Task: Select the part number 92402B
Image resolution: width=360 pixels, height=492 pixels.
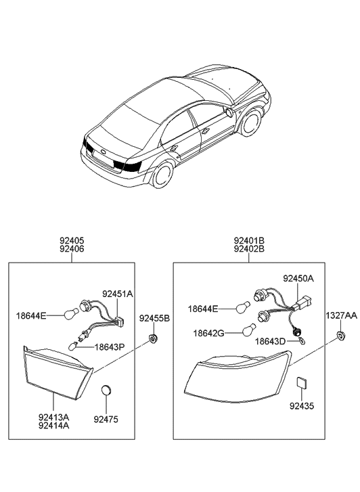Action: click(x=249, y=249)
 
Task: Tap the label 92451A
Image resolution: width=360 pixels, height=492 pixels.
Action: click(x=118, y=294)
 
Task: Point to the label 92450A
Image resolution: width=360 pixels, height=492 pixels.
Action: click(x=298, y=278)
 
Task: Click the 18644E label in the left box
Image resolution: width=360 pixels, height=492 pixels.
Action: click(x=32, y=315)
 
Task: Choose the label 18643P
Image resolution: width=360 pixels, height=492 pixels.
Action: click(x=110, y=347)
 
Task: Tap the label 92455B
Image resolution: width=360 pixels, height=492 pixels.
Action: click(x=154, y=318)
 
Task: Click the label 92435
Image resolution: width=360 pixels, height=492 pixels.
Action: click(x=303, y=406)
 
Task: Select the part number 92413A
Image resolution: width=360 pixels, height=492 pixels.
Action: click(x=53, y=418)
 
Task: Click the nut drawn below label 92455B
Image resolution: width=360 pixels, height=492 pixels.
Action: click(x=153, y=336)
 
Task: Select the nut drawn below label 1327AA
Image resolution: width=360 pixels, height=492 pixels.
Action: click(x=340, y=336)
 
